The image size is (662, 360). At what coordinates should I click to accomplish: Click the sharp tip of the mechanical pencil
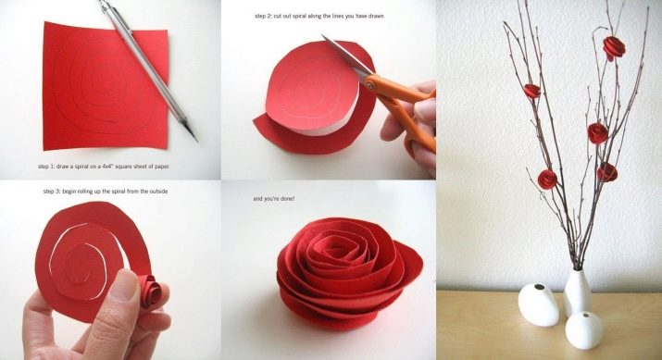196,140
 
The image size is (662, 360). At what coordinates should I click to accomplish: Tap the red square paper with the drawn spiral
106,86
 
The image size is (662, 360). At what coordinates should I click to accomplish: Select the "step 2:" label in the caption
263,16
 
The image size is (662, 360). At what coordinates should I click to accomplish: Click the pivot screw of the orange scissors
369,86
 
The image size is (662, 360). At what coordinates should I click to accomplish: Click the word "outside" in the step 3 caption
158,192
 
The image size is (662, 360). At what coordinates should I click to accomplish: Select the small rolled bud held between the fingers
150,291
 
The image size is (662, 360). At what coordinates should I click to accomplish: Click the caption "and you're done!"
274,198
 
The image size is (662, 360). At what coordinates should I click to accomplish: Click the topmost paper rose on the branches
614,47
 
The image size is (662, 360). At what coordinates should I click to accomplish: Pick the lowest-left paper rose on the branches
547,179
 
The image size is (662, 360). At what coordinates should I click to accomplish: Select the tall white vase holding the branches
577,292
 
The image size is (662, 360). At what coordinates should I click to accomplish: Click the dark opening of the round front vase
585,315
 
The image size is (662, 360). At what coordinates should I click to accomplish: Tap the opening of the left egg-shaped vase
540,288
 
